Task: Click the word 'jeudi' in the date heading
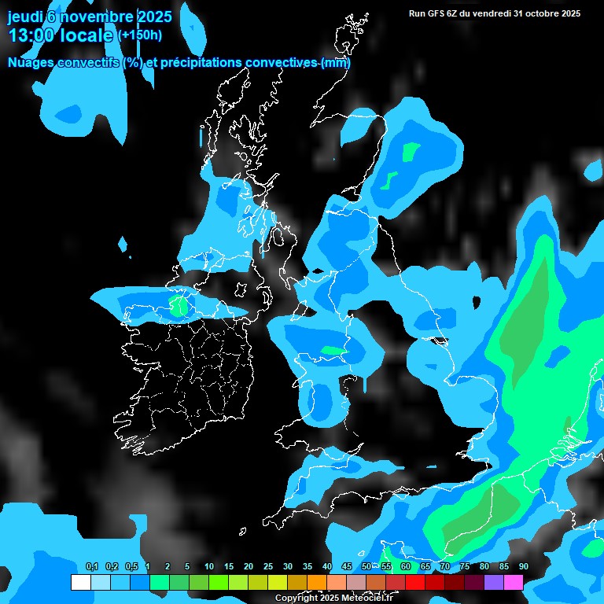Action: pos(25,17)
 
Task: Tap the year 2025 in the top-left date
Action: pos(151,17)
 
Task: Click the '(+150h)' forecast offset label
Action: pos(140,35)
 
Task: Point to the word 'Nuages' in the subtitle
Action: pos(31,62)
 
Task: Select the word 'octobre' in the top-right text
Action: pos(538,13)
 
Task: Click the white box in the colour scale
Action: pos(81,583)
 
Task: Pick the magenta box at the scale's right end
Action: pos(514,583)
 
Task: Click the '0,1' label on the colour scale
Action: pos(91,566)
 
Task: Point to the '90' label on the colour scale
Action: pos(524,566)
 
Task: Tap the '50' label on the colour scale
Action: pos(366,566)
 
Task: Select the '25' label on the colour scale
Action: pos(268,566)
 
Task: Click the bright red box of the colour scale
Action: pos(415,583)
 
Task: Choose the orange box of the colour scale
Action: pos(317,583)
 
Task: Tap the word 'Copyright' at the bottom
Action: pos(296,598)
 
